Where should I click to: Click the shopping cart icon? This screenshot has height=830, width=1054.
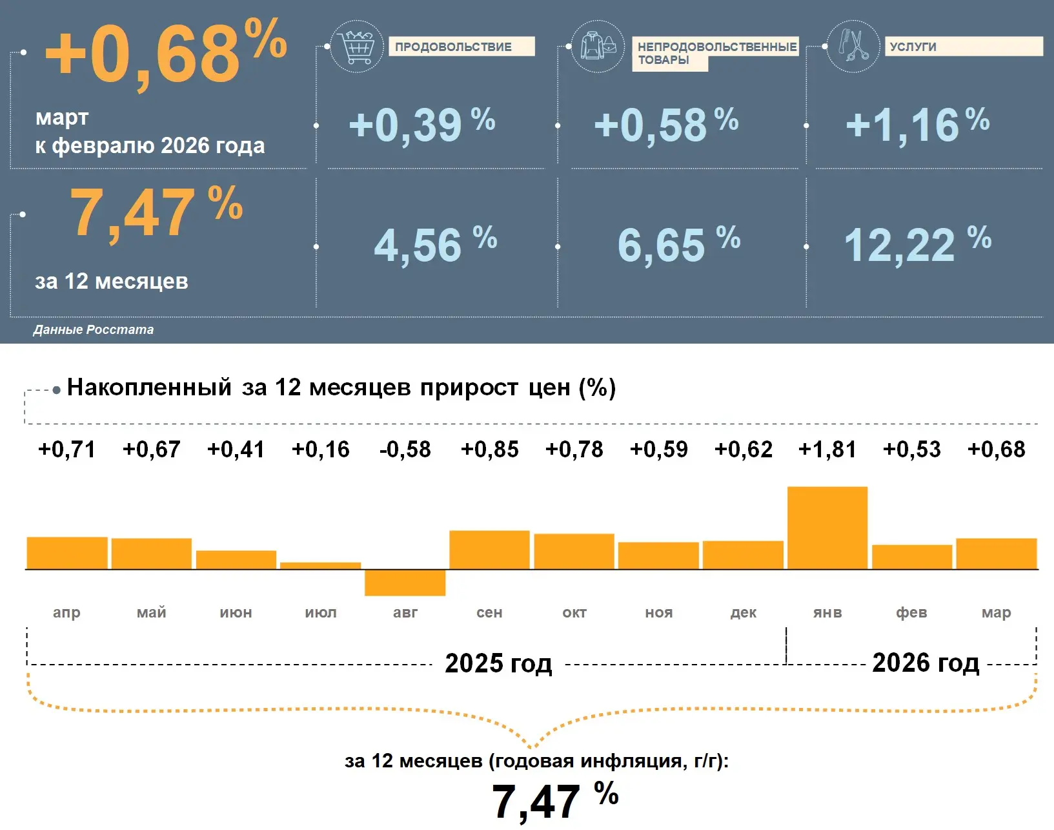356,47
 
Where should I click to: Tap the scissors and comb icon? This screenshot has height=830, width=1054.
853,47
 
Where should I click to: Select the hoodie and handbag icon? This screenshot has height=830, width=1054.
598,47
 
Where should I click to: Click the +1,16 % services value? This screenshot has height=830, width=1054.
917,125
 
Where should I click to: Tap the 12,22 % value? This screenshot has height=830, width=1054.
917,245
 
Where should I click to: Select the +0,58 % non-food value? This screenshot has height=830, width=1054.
665,125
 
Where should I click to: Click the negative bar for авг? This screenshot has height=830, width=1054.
405,583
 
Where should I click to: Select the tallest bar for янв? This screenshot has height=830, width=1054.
827,528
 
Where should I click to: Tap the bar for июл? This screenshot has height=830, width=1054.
320,566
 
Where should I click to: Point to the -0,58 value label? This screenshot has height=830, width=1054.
405,450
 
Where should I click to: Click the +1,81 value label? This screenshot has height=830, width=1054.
827,450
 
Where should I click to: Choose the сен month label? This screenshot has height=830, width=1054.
489,612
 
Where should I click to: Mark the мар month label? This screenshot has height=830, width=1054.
996,612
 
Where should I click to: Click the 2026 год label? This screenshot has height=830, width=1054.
925,663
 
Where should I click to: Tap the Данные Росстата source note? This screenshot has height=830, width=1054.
94,329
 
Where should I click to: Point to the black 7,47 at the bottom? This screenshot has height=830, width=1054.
536,802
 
